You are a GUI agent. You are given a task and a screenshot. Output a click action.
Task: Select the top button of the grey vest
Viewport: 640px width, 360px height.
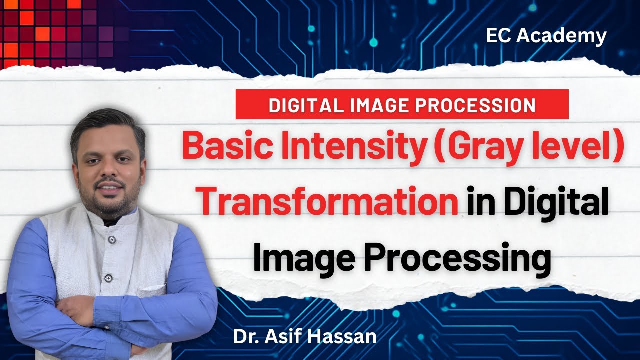coord(112,240)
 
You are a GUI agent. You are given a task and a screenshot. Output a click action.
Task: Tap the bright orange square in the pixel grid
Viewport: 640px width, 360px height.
coord(42,34)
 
